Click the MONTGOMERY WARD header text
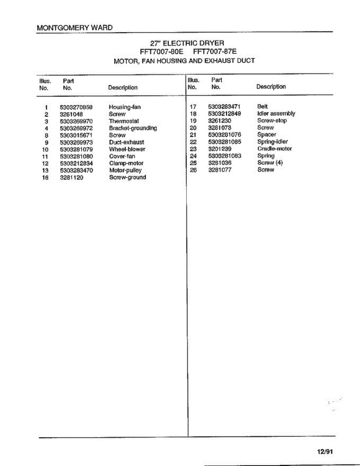point(75,28)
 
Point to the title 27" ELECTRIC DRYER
point(187,43)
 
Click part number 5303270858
point(76,107)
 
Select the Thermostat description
point(124,121)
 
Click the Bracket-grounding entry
point(133,128)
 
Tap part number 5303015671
point(76,135)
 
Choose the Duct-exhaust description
point(126,143)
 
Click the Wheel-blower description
point(127,150)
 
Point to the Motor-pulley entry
point(125,170)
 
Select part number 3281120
point(71,177)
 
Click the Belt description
point(263,106)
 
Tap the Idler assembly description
point(276,113)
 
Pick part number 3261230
point(219,121)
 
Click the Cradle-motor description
point(275,149)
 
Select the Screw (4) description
point(270,163)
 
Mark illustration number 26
point(193,170)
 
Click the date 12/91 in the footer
point(325,452)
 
